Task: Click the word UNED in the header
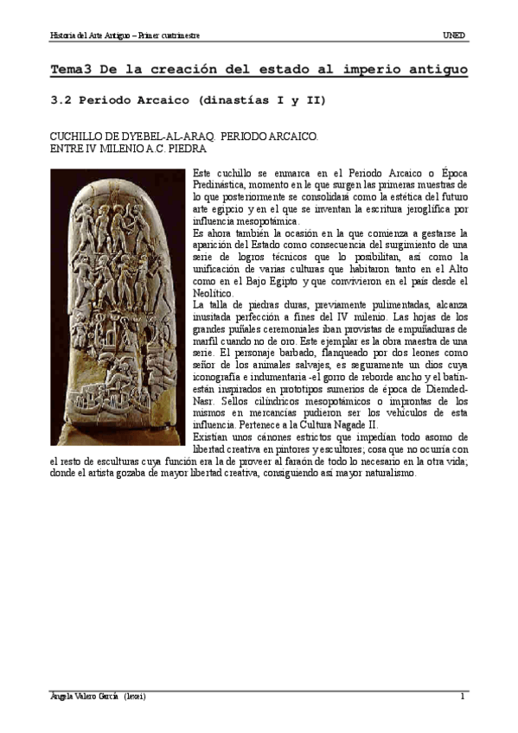pos(454,35)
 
